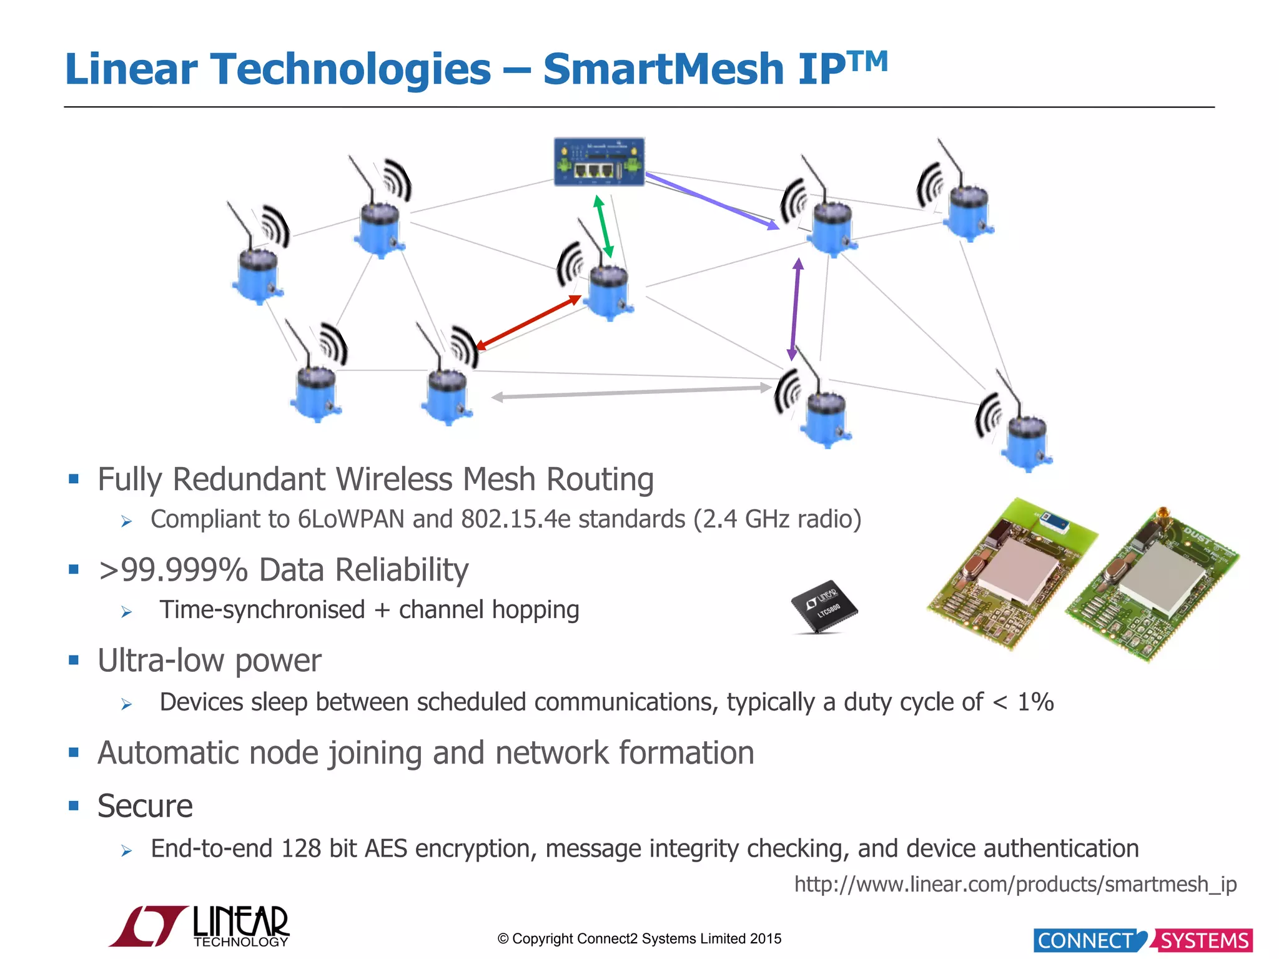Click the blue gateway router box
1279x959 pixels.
[x=599, y=162]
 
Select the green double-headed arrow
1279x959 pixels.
[x=603, y=227]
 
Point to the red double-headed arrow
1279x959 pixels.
[x=528, y=322]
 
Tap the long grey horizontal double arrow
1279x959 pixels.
[x=631, y=392]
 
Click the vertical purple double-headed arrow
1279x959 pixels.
[x=795, y=310]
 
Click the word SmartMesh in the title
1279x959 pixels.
[x=663, y=69]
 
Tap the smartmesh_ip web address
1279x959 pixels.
[x=1015, y=884]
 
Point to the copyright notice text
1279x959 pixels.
[x=639, y=938]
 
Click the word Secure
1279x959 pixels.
[x=145, y=806]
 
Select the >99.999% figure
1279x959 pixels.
[x=173, y=570]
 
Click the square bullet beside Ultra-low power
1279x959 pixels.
[x=74, y=660]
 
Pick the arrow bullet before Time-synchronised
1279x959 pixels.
[x=127, y=612]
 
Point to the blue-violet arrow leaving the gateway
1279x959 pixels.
[x=711, y=201]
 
